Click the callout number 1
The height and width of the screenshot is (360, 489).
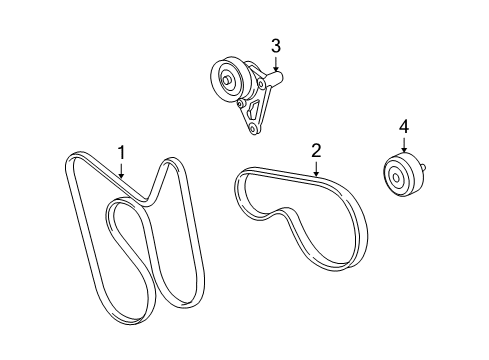point(121,152)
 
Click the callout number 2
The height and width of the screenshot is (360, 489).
point(316,150)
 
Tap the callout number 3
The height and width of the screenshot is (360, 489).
point(275,45)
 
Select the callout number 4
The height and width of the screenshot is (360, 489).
point(404,126)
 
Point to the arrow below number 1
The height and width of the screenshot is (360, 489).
point(121,171)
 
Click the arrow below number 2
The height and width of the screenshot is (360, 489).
point(316,170)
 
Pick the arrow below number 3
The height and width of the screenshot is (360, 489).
point(275,64)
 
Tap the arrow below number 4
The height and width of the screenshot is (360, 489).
point(404,146)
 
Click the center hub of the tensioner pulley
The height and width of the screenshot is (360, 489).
point(229,80)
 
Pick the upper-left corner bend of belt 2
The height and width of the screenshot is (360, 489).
point(240,180)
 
